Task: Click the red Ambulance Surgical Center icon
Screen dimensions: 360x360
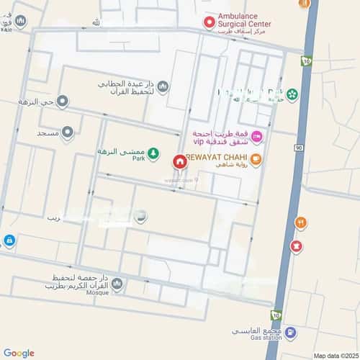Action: [x=210, y=23]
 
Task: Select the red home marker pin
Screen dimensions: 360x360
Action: [x=179, y=161]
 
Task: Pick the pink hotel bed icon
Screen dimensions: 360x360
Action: [x=257, y=137]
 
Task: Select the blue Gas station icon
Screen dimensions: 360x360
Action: [x=289, y=333]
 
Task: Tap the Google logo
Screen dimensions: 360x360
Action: [x=19, y=353]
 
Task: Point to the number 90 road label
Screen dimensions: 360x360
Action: [x=298, y=147]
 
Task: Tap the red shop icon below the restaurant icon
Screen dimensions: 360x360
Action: [x=295, y=246]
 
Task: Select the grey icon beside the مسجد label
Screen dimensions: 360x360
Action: [x=67, y=132]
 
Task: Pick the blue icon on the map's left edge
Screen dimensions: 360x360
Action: [x=9, y=240]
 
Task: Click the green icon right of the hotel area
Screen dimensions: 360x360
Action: [x=292, y=95]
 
